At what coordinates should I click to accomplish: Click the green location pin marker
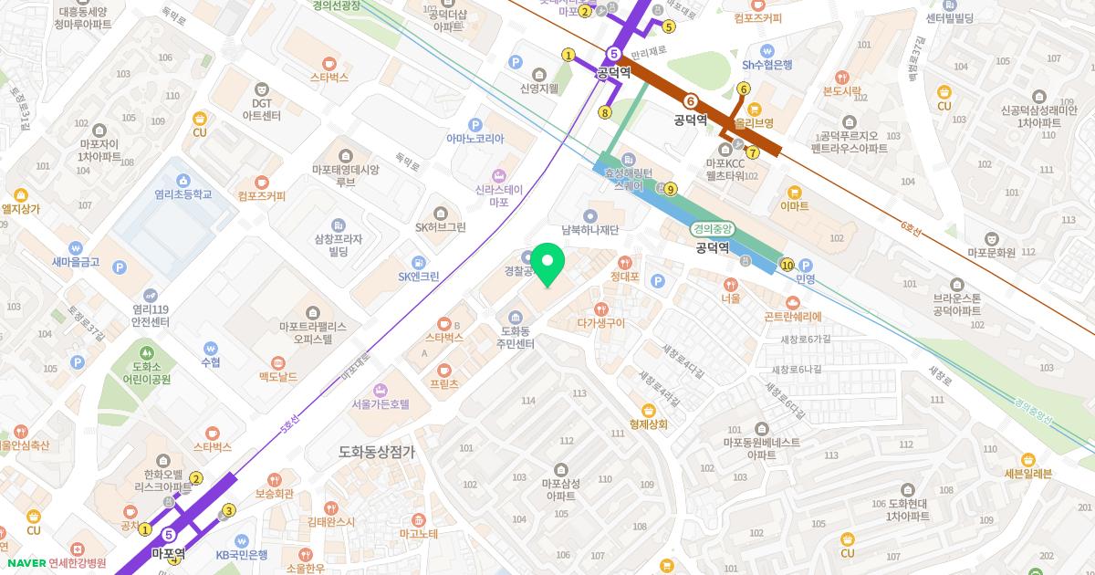coord(547,265)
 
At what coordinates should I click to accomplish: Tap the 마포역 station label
coord(168,552)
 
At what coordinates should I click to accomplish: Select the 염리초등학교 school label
coord(182,194)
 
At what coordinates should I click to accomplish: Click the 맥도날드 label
coord(277,376)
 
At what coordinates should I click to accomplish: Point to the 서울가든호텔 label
coord(381,403)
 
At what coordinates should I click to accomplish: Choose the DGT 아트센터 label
coord(263,110)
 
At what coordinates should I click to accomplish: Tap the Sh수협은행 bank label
coord(766,64)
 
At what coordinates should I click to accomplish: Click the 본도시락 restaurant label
coord(841,90)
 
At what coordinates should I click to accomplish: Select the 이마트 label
coord(794,206)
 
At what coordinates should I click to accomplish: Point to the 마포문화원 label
coord(991,252)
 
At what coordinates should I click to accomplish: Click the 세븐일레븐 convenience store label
coord(1027,473)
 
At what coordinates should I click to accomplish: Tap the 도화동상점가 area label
coord(376,451)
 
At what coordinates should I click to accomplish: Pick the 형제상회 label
coord(649,423)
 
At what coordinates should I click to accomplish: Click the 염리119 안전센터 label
coord(151,315)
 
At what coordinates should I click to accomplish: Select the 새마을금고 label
coord(76,261)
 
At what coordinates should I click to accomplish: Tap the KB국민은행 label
coord(241,554)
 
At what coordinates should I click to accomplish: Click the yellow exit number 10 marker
coord(787,265)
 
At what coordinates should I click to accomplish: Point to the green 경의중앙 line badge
coord(712,230)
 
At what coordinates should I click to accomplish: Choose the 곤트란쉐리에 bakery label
coord(792,316)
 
